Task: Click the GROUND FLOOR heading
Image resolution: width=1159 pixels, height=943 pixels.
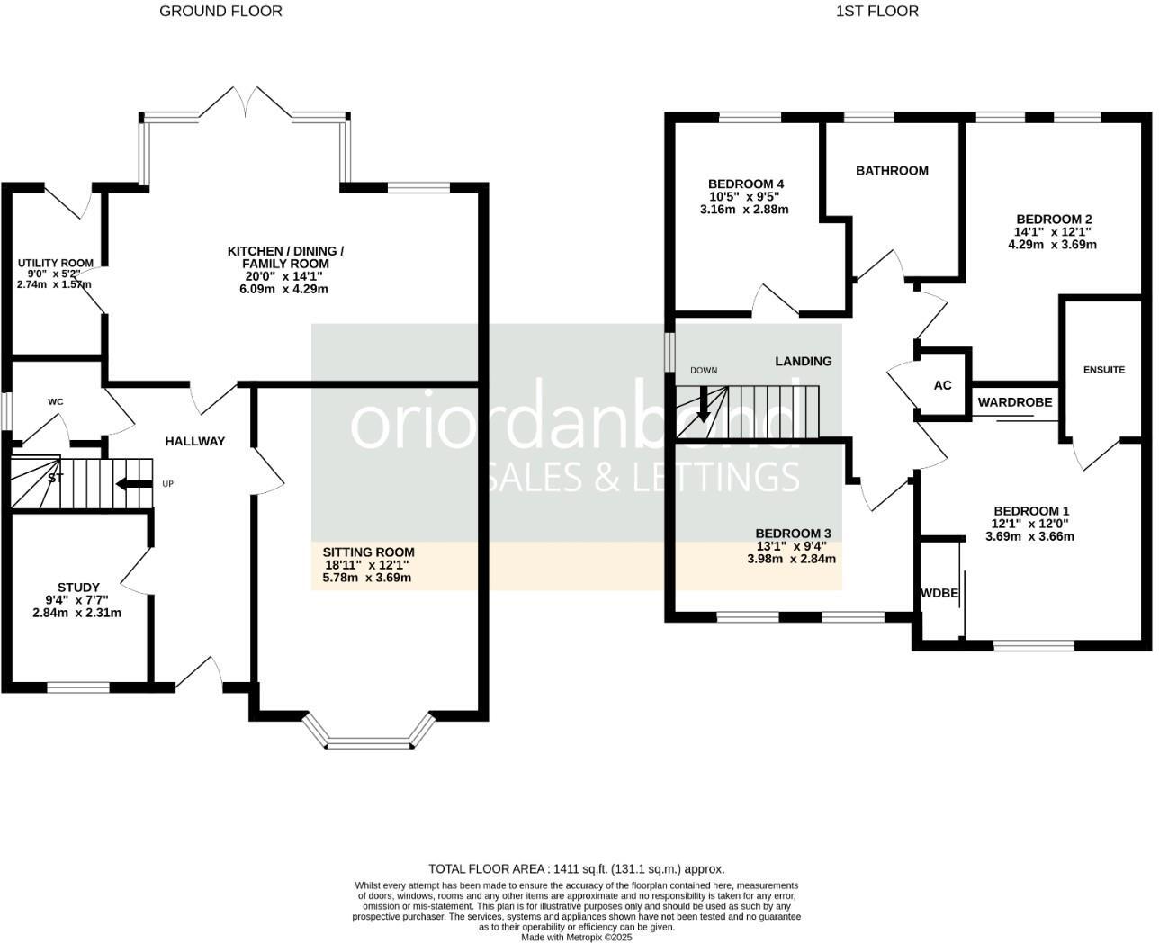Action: click(x=220, y=11)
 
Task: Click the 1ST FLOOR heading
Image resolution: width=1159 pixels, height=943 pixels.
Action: click(x=876, y=11)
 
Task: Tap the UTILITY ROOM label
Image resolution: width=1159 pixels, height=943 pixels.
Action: click(x=55, y=264)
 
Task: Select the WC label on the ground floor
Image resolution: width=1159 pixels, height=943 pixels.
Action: click(x=56, y=401)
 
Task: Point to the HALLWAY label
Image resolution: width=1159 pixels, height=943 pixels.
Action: click(x=194, y=441)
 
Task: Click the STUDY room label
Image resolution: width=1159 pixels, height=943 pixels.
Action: click(x=78, y=588)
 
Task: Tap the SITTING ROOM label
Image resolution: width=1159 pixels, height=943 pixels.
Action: click(x=368, y=552)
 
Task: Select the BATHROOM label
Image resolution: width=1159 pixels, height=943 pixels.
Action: click(x=892, y=170)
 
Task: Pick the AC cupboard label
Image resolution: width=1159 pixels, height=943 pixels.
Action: click(x=942, y=385)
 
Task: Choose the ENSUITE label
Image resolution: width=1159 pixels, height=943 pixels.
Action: click(x=1103, y=369)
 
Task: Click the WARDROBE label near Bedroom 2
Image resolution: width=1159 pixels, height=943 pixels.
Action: click(x=1015, y=402)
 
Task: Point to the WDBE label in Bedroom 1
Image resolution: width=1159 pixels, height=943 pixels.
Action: click(x=939, y=594)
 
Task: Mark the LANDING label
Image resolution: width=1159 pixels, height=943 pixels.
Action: click(x=804, y=361)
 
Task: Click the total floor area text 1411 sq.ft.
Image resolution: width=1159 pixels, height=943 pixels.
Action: click(x=576, y=869)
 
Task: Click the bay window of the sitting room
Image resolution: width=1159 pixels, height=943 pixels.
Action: click(x=369, y=743)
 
